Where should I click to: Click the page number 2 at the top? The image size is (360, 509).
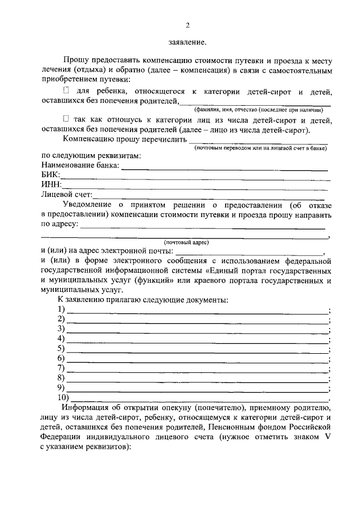coord(188,25)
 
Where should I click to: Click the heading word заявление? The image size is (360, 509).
coord(187,42)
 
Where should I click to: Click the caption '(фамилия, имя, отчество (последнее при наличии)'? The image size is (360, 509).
coord(258,110)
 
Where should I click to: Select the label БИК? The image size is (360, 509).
coord(51,175)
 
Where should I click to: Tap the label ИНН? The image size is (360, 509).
coord(51,184)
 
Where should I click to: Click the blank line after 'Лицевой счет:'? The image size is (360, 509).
coord(208,197)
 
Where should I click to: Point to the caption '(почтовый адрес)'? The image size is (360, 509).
coord(186,242)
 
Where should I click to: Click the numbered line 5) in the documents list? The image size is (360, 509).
coord(197,350)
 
